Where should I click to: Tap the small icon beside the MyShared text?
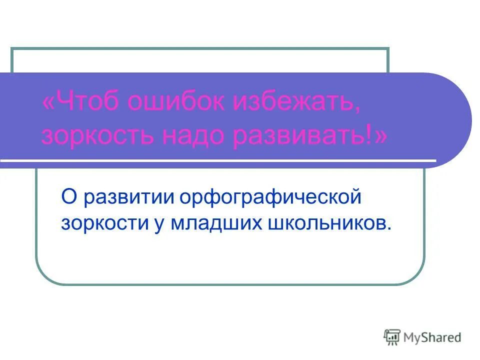(x=392, y=337)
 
